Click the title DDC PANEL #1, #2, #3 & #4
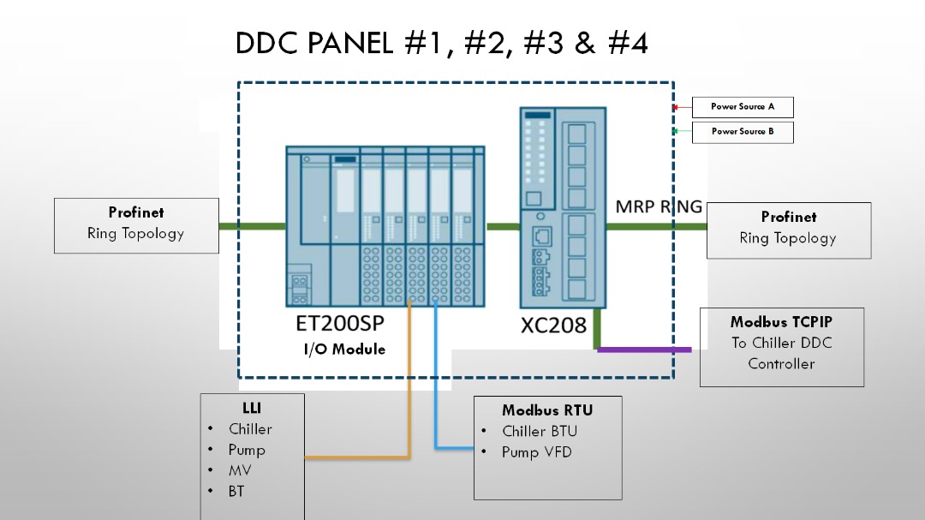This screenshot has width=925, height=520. pyautogui.click(x=441, y=43)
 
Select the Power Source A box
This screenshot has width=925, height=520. pyautogui.click(x=742, y=107)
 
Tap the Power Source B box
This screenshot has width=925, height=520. pyautogui.click(x=742, y=132)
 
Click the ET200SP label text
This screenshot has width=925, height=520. pyautogui.click(x=340, y=323)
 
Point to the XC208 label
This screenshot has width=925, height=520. pyautogui.click(x=553, y=326)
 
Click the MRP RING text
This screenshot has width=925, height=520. pyautogui.click(x=659, y=206)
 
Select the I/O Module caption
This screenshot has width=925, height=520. pyautogui.click(x=344, y=350)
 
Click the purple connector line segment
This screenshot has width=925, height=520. pyautogui.click(x=644, y=350)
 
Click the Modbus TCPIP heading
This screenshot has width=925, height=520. pyautogui.click(x=781, y=321)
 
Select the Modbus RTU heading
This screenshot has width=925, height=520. pyautogui.click(x=547, y=410)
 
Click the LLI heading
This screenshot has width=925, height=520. pyautogui.click(x=252, y=408)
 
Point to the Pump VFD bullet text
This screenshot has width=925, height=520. pyautogui.click(x=537, y=452)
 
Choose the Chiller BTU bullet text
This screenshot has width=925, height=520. pyautogui.click(x=540, y=432)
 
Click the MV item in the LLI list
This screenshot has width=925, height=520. pyautogui.click(x=240, y=470)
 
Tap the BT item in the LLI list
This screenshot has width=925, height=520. pyautogui.click(x=236, y=491)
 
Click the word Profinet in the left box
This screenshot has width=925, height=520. pyautogui.click(x=136, y=212)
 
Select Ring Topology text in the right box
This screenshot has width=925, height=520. pyautogui.click(x=788, y=238)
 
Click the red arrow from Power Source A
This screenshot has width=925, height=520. pyautogui.click(x=683, y=107)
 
